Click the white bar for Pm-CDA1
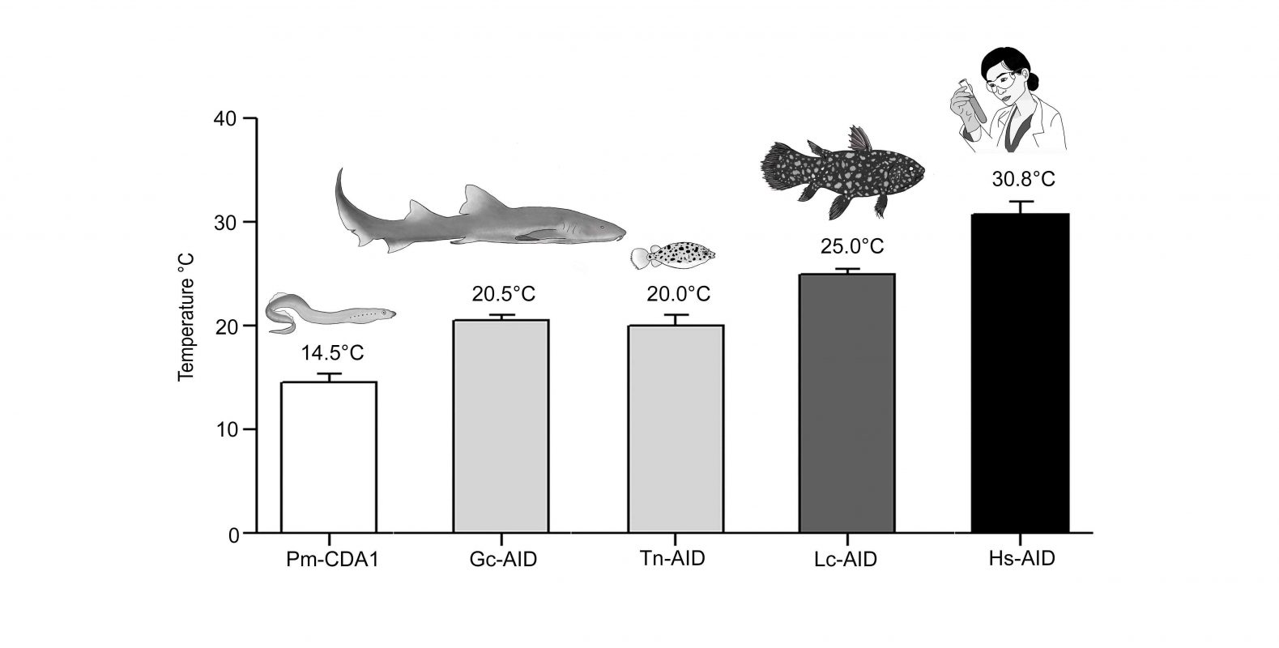(x=328, y=458)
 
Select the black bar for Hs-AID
(x=1020, y=373)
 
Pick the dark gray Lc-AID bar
(x=846, y=403)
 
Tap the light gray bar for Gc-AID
(x=500, y=426)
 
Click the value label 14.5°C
(x=333, y=353)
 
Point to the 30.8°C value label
(x=1023, y=179)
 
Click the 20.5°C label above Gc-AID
(x=503, y=292)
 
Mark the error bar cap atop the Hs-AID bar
(x=1021, y=201)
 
